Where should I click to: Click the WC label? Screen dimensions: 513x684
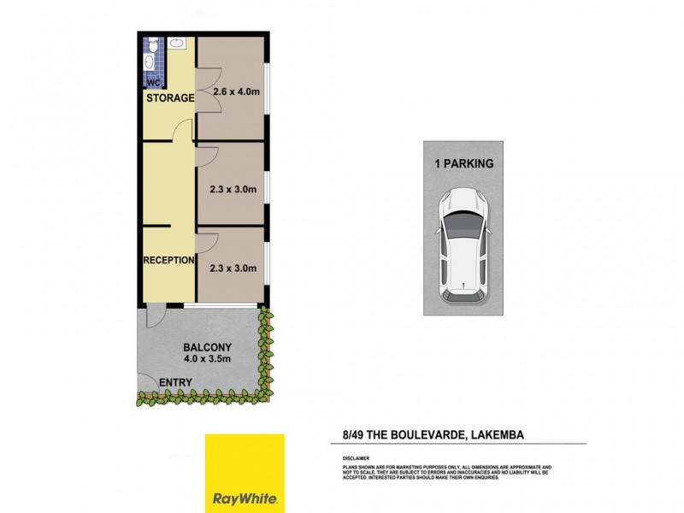click(x=154, y=83)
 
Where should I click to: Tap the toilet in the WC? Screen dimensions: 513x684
click(x=150, y=62)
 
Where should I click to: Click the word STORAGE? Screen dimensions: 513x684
click(x=170, y=98)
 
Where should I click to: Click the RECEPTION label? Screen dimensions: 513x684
click(x=168, y=260)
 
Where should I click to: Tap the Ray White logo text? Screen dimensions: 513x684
click(x=244, y=497)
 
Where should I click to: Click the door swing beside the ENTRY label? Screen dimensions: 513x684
click(x=145, y=383)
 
